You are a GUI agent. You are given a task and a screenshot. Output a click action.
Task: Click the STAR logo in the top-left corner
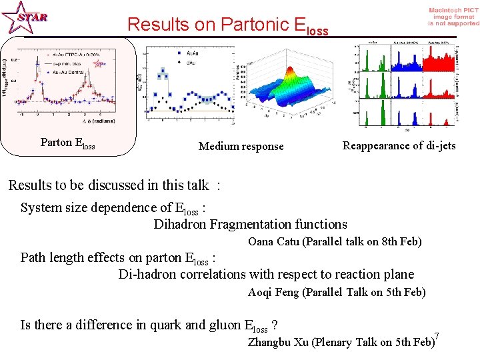[25, 17]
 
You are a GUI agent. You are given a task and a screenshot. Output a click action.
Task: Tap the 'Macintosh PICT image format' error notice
[453, 17]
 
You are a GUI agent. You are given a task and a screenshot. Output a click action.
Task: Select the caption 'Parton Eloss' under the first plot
[67, 143]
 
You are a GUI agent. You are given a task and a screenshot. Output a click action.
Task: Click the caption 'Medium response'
[241, 146]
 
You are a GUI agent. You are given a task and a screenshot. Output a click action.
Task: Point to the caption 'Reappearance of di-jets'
[399, 145]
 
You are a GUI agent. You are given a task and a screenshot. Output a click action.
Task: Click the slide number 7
[436, 335]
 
